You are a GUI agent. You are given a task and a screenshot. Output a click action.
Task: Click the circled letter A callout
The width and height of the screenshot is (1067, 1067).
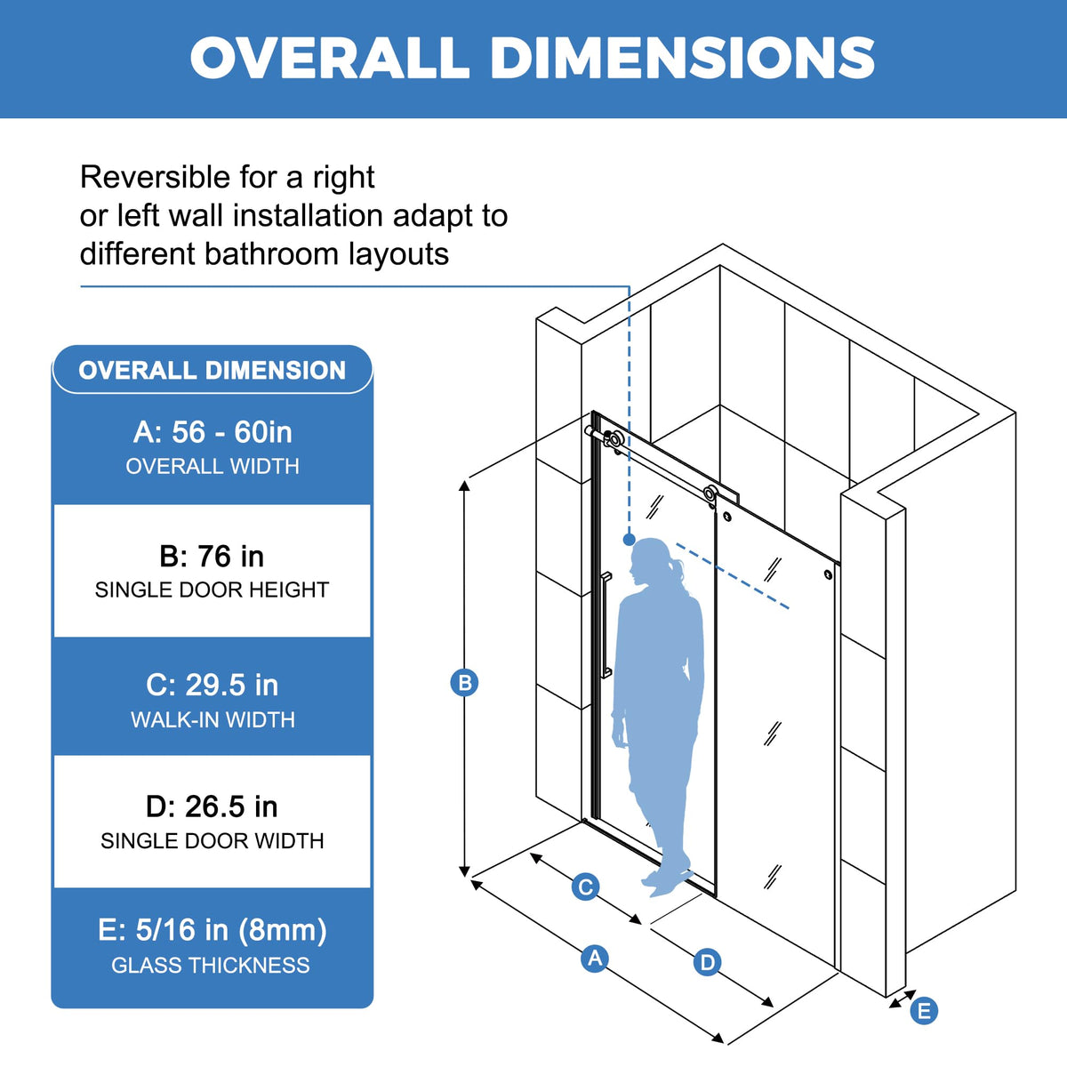tap(595, 959)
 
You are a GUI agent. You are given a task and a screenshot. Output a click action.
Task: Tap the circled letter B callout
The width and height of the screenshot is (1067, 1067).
tap(464, 683)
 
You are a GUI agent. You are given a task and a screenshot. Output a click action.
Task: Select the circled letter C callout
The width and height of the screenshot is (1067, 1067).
tap(585, 886)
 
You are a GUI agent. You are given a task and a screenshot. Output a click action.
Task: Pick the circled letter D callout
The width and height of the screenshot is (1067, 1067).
tap(707, 962)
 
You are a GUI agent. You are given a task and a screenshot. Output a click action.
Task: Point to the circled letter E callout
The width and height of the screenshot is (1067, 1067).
tap(924, 1011)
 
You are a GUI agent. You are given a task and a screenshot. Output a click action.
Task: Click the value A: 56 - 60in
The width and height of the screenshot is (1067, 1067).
tap(213, 432)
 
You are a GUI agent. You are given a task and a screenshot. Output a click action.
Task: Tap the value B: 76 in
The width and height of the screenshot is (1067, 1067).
tap(212, 556)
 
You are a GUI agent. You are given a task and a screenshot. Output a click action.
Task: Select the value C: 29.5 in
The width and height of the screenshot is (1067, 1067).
tap(213, 685)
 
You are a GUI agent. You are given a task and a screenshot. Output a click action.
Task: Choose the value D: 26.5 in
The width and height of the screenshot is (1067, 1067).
tap(212, 806)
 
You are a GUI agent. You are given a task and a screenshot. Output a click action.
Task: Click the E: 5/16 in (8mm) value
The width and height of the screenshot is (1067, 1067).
tap(213, 930)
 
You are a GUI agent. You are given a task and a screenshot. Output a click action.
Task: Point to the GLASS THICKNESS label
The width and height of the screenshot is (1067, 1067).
tap(211, 966)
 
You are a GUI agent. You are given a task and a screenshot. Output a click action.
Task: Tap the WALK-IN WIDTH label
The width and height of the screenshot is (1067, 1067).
tap(213, 720)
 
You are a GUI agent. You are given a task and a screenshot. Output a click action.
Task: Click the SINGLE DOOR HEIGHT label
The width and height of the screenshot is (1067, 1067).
tap(213, 590)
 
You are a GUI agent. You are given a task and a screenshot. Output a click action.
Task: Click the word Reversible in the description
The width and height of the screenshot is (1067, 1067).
tap(156, 177)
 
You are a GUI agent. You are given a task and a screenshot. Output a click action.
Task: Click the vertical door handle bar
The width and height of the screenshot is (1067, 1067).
tap(606, 624)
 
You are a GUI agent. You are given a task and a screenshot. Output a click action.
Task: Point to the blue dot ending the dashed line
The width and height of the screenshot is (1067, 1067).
tap(629, 539)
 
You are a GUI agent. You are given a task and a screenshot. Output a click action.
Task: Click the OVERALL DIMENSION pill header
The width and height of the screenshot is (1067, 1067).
tap(213, 370)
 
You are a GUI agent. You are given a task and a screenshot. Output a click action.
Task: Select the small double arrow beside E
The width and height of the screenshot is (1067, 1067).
tap(902, 1000)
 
